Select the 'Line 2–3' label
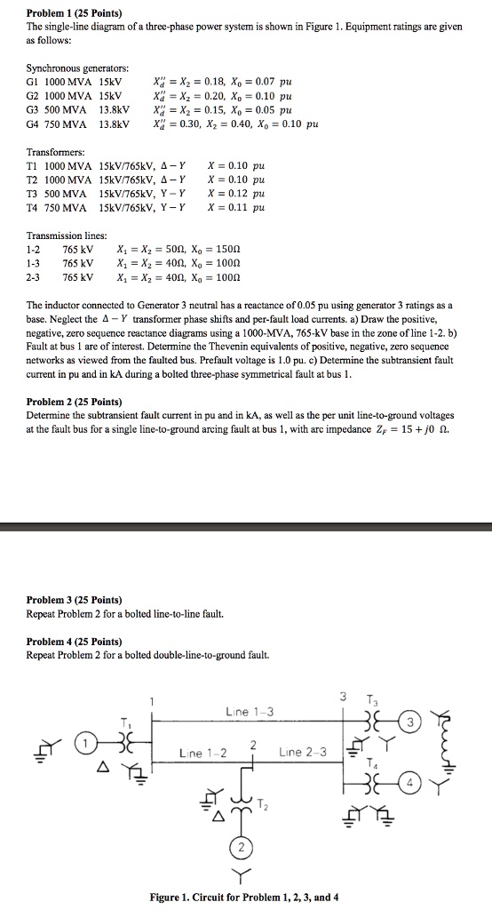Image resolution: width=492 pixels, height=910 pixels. pyautogui.click(x=304, y=752)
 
